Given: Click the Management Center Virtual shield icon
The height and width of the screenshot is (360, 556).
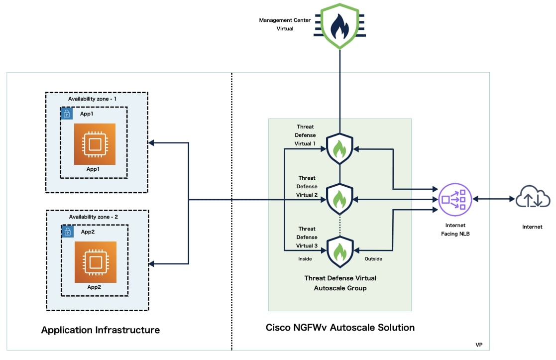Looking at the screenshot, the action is point(339,26).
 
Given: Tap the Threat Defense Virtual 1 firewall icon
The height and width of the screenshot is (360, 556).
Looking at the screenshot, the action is point(339,148).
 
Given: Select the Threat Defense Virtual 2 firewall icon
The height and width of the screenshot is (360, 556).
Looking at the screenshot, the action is point(339,199).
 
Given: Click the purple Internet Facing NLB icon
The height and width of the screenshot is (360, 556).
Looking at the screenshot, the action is point(455,200).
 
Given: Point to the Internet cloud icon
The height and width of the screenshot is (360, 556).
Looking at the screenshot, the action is point(533,196).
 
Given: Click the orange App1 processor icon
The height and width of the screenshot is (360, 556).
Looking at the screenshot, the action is point(95,144).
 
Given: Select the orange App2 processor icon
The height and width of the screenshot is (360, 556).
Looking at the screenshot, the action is point(96,262).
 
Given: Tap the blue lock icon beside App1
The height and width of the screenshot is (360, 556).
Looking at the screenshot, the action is point(67,114).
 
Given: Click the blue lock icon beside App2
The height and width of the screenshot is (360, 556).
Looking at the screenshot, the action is point(67,232).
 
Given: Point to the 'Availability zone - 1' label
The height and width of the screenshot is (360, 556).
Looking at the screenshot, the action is point(92,99).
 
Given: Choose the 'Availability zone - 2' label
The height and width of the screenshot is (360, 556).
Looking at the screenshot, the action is point(93,217).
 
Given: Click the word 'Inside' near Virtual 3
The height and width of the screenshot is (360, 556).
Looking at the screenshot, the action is point(305,259).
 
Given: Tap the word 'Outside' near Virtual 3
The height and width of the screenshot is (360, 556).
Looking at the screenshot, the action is point(373,259).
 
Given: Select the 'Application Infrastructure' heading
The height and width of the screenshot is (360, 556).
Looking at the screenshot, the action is point(101,330).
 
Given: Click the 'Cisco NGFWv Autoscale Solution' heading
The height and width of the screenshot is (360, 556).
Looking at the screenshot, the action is point(340,327).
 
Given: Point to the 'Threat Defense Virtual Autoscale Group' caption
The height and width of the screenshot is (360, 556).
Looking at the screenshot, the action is point(340,283).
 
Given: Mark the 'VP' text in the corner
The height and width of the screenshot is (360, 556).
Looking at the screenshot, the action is point(479,345).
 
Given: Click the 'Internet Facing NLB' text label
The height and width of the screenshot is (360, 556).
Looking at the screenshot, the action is point(455,230).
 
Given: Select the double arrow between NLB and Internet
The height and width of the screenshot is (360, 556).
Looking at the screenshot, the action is point(494,199).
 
